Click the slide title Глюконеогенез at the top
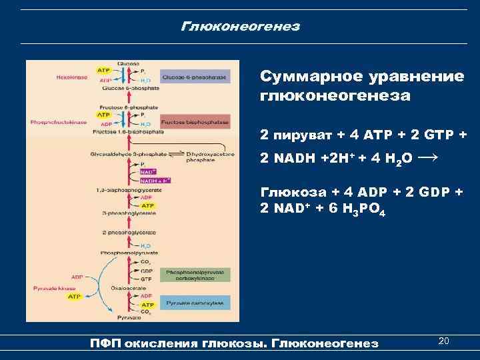[240, 27]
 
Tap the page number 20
[444, 341]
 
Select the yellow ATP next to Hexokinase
[104, 69]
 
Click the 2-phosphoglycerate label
[121, 233]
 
